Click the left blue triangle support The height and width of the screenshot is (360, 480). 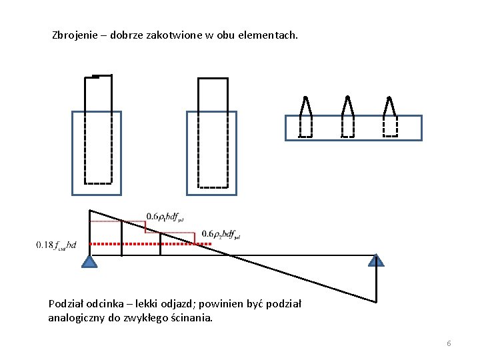(90, 261)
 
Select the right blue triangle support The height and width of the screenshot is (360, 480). (377, 261)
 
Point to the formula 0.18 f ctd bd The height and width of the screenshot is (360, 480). (57, 245)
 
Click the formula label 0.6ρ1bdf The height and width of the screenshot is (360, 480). (165, 217)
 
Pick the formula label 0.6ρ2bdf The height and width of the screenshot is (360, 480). (221, 234)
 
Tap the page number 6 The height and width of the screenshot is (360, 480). (449, 343)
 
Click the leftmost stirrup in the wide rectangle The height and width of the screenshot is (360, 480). (305, 118)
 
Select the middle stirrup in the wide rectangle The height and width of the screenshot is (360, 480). (347, 118)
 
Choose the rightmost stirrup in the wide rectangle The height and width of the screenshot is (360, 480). (391, 118)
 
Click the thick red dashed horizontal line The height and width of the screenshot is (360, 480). (151, 245)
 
